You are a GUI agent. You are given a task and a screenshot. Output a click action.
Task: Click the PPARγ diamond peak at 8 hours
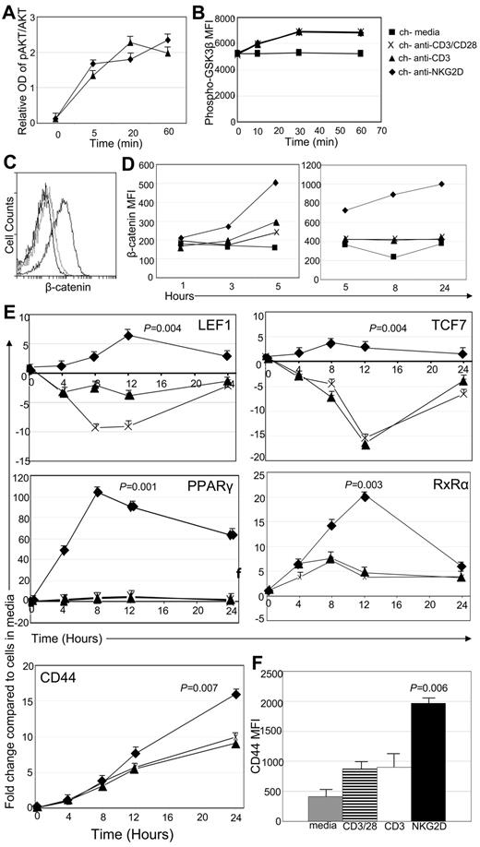click(96, 492)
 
